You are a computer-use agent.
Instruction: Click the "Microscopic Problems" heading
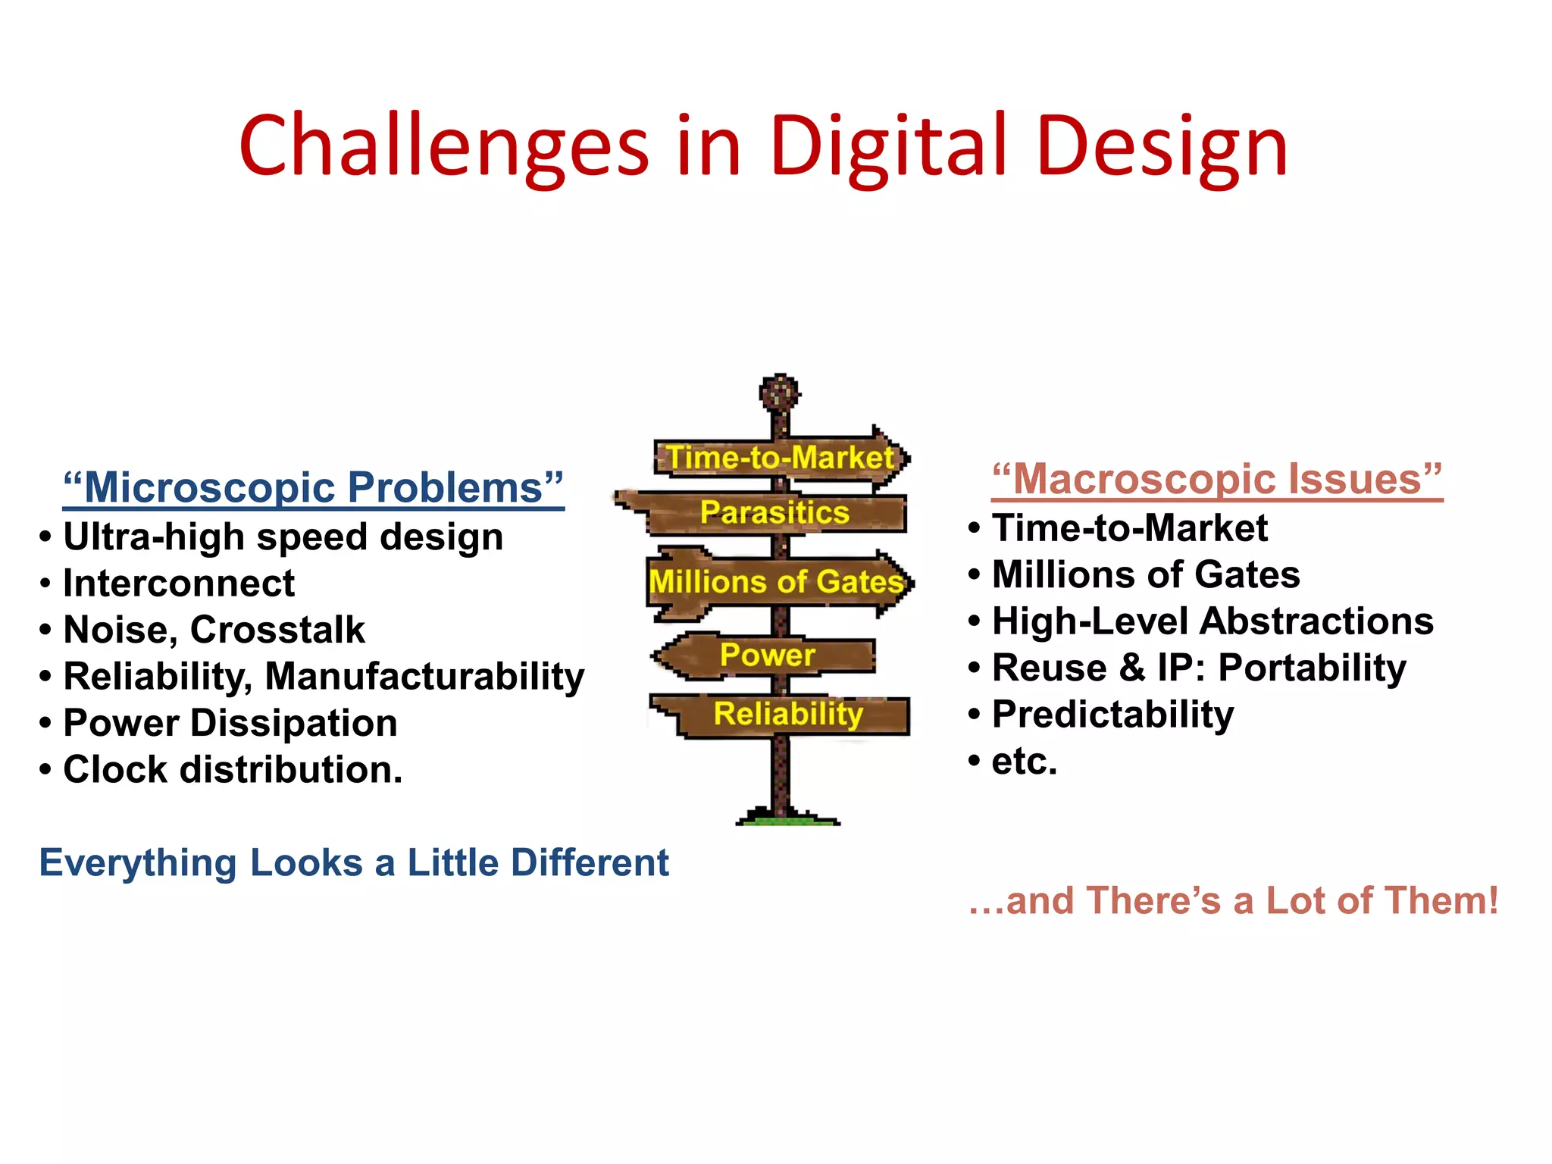pyautogui.click(x=313, y=487)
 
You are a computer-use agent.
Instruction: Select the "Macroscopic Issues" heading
pyautogui.click(x=1216, y=479)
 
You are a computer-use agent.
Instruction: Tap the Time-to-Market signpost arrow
pyautogui.click(x=781, y=458)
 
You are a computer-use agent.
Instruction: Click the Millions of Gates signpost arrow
pyautogui.click(x=778, y=582)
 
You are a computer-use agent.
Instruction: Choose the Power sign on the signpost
pyautogui.click(x=767, y=655)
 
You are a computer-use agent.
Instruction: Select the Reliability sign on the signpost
pyautogui.click(x=788, y=714)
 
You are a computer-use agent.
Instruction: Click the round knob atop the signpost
pyautogui.click(x=780, y=392)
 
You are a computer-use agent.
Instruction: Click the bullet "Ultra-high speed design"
pyautogui.click(x=283, y=537)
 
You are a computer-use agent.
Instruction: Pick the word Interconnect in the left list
pyautogui.click(x=179, y=584)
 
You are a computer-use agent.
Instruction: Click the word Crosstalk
pyautogui.click(x=277, y=630)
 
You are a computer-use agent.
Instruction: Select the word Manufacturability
pyautogui.click(x=424, y=676)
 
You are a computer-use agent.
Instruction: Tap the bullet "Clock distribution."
pyautogui.click(x=233, y=769)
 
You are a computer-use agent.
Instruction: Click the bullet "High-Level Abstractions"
pyautogui.click(x=1212, y=621)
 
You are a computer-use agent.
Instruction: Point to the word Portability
pyautogui.click(x=1312, y=668)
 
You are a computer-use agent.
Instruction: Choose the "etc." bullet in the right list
pyautogui.click(x=1024, y=761)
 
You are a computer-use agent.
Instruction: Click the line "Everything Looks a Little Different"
pyautogui.click(x=354, y=862)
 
